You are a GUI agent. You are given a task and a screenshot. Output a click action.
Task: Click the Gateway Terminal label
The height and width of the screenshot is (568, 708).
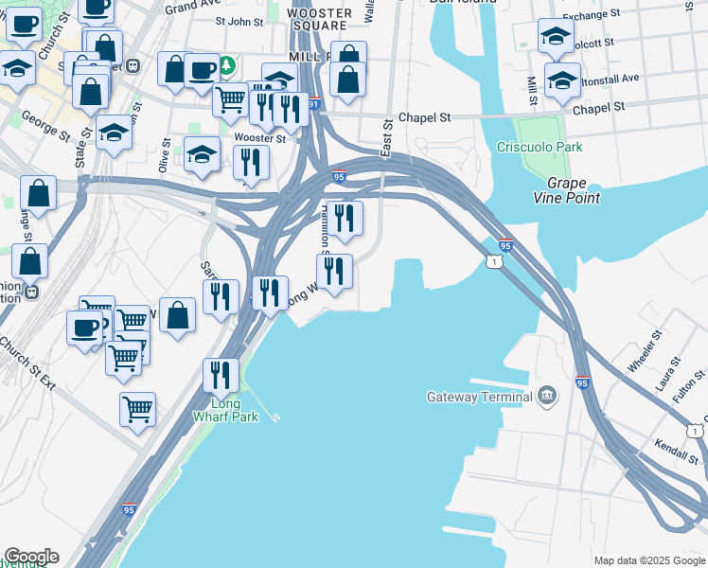[479, 397]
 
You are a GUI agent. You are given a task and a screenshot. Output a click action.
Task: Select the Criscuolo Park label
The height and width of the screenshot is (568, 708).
[540, 148]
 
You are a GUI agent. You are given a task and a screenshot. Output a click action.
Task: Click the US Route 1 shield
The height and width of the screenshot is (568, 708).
[493, 260]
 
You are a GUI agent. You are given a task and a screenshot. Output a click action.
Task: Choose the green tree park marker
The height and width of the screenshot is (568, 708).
[227, 66]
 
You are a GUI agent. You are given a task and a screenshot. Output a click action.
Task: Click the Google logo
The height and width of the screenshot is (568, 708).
[30, 557]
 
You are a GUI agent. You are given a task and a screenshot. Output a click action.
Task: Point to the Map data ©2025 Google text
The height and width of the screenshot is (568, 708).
[648, 560]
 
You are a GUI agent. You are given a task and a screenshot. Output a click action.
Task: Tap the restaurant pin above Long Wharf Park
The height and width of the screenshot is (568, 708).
[221, 374]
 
